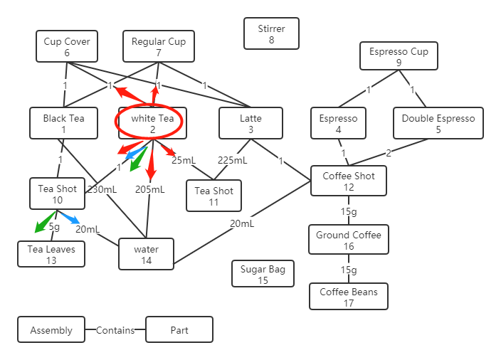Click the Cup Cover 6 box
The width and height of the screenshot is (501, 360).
click(67, 47)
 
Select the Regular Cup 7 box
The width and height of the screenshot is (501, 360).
click(158, 47)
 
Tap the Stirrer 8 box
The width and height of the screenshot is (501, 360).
click(271, 33)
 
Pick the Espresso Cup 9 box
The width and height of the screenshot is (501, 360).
click(399, 57)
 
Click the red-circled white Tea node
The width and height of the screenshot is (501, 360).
click(152, 124)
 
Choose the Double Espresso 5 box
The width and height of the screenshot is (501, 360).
click(438, 124)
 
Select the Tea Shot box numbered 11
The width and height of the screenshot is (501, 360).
click(213, 196)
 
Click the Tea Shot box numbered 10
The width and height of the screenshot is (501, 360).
click(57, 194)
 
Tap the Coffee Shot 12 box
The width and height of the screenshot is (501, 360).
click(348, 181)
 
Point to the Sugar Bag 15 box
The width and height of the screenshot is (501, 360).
click(263, 274)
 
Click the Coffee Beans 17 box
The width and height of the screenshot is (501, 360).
click(348, 297)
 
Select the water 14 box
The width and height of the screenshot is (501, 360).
click(146, 255)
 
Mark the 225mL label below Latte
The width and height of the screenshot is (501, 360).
click(232, 161)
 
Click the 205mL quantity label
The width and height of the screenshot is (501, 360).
click(149, 189)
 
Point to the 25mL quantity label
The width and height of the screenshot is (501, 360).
click(184, 160)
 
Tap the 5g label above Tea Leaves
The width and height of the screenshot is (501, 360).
click(54, 227)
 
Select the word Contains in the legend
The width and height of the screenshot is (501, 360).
click(115, 330)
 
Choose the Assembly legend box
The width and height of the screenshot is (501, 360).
click(51, 330)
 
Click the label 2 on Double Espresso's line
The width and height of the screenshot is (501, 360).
click(388, 153)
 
